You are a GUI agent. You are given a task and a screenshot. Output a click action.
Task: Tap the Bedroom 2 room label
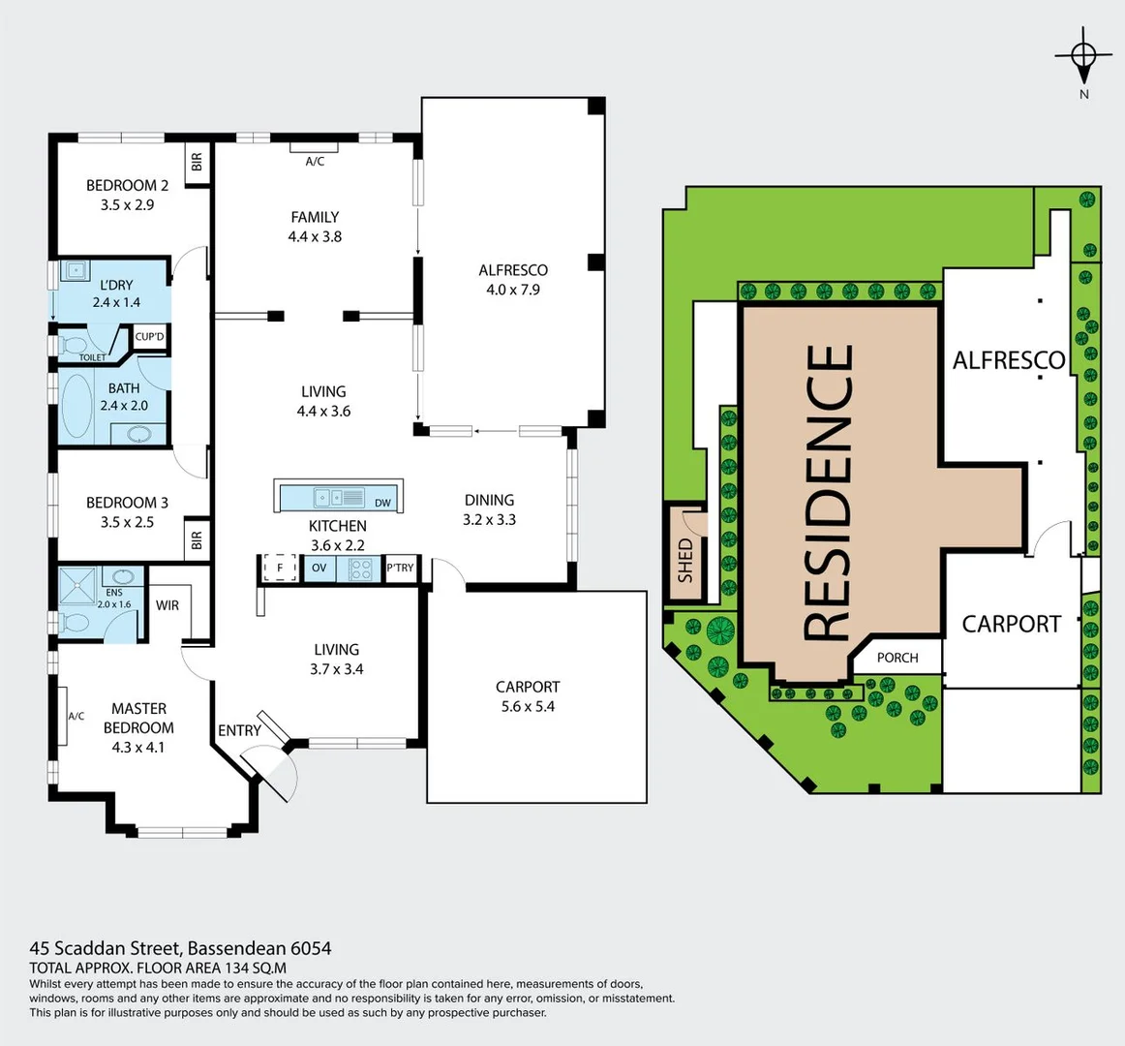127,185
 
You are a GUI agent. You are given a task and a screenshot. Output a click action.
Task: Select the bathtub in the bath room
76,405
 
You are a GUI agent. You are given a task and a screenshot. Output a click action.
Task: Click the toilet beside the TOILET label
74,344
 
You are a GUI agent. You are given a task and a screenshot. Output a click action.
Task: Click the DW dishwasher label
382,503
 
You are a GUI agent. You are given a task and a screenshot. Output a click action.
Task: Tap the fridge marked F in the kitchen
280,568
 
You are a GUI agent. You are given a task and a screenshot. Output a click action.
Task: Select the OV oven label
319,568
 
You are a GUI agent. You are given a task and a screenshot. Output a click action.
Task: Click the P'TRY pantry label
400,568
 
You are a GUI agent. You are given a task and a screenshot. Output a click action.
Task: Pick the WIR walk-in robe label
167,605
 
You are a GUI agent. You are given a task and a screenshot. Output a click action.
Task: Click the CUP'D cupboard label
150,337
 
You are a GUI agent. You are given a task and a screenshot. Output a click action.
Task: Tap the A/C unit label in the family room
315,162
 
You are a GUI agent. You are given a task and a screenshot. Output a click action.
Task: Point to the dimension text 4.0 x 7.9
513,290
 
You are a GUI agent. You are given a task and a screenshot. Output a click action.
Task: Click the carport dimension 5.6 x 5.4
528,707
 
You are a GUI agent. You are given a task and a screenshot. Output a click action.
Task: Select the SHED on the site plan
685,560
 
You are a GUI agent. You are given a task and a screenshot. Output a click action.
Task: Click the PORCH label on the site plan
897,658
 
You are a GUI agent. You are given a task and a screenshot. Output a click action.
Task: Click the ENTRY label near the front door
239,730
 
